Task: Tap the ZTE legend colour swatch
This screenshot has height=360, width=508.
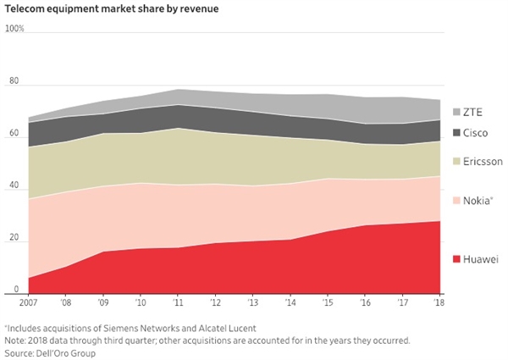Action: click(x=458, y=113)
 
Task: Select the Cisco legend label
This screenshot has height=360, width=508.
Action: click(x=480, y=133)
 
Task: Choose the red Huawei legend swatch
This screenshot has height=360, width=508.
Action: click(x=458, y=258)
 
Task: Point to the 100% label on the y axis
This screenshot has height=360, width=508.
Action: click(x=15, y=29)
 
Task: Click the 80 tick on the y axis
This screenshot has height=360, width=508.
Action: click(x=14, y=82)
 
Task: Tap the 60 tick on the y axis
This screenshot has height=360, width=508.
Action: click(x=14, y=135)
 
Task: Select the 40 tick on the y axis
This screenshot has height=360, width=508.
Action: click(x=14, y=187)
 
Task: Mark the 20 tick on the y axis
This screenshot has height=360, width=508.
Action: click(x=14, y=240)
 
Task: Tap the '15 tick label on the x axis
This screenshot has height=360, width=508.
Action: click(x=327, y=302)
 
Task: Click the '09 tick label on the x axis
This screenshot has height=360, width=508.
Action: click(x=102, y=302)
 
